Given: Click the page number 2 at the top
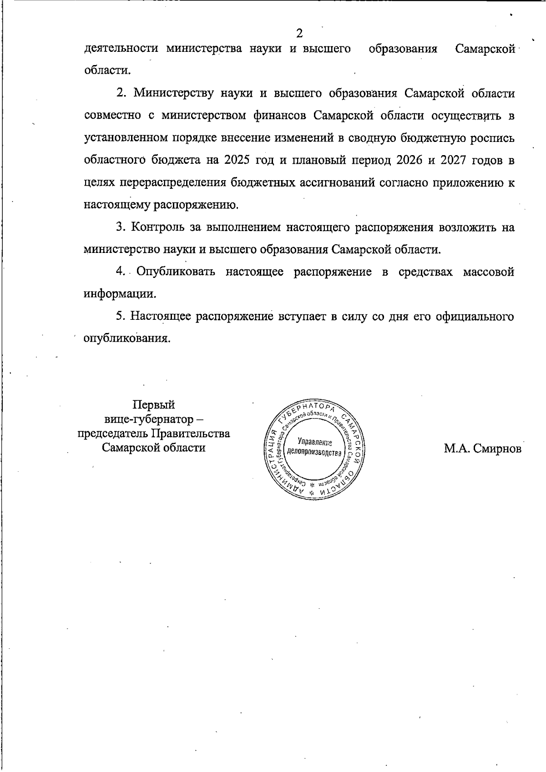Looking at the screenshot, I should pos(299,33).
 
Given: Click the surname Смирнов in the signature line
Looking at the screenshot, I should pos(494,449).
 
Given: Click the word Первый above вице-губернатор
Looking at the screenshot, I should pos(153,404).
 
